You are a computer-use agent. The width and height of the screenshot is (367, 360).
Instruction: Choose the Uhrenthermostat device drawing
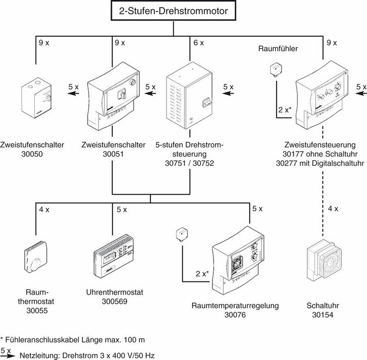coord(115,258)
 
